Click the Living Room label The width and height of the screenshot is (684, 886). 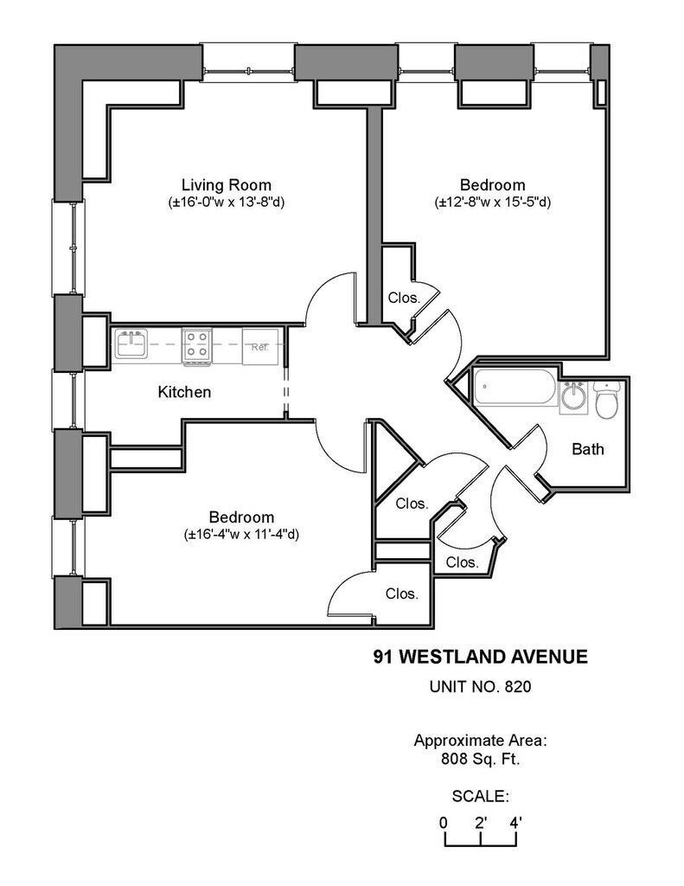pos(226,185)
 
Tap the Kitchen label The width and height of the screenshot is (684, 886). pos(184,392)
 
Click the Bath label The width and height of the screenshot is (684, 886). pos(588,449)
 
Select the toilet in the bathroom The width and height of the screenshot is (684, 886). pos(608,399)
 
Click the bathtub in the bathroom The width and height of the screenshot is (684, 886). pos(515,387)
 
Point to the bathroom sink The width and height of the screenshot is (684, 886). pos(574,398)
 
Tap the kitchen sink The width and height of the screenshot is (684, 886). pos(131,344)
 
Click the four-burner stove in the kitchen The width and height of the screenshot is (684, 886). pos(196,345)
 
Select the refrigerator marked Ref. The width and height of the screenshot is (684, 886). pos(260,345)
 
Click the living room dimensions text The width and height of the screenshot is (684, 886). pos(226,202)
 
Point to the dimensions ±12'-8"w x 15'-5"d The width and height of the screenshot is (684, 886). pos(493,202)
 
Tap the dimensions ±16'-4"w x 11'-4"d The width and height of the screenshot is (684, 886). pos(241,535)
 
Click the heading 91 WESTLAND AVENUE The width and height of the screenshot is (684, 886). pos(480,657)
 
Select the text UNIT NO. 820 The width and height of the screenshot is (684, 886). pos(480,686)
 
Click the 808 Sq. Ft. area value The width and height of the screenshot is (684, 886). pos(480,759)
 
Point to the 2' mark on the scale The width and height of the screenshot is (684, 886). pos(481,823)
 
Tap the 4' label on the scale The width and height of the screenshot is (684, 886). pos(515,823)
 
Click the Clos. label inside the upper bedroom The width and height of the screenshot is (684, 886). pos(404,298)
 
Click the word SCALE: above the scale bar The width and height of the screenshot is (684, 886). pos(480,797)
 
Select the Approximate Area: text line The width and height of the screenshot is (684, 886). pos(480,741)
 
